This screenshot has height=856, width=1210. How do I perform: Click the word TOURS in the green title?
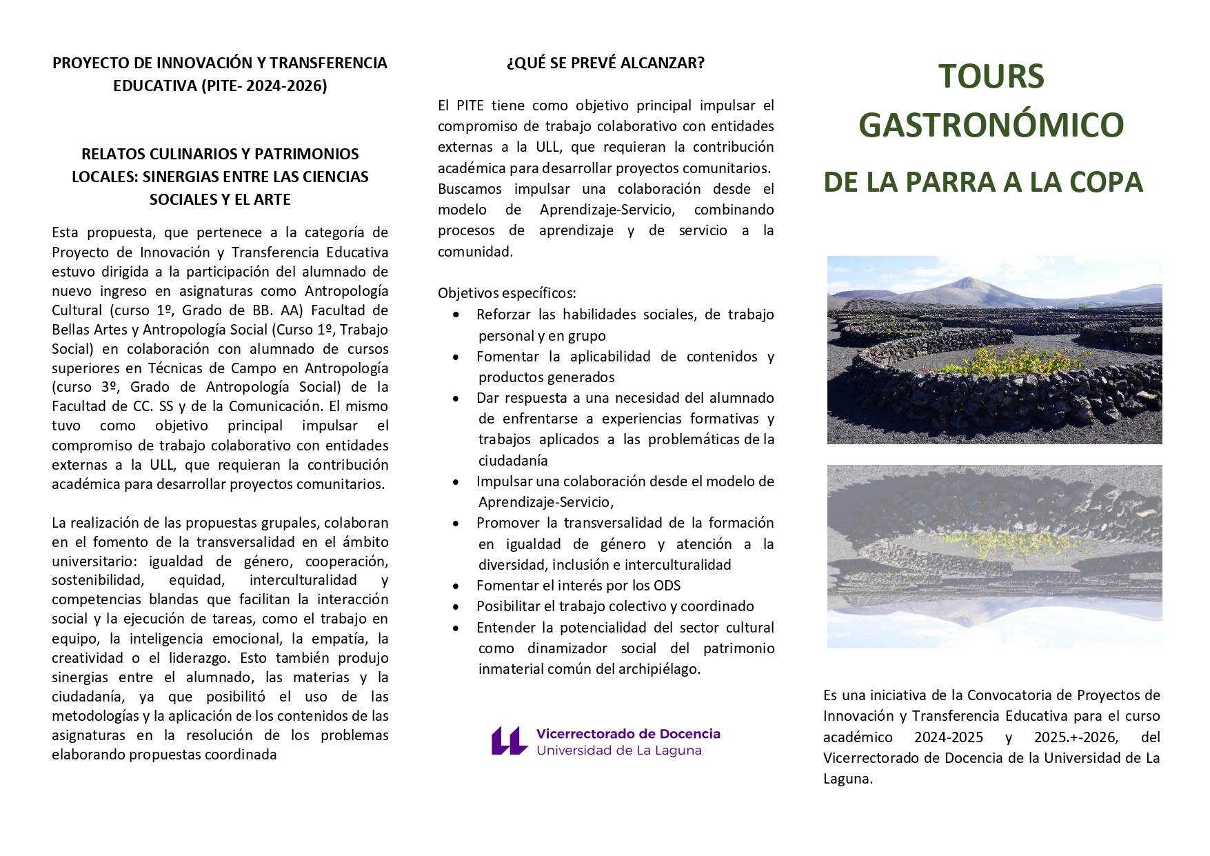[991, 77]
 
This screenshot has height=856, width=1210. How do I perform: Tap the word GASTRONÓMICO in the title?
[991, 125]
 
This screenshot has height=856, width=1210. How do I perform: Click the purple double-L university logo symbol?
[509, 741]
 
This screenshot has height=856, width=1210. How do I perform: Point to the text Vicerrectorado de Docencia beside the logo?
[628, 734]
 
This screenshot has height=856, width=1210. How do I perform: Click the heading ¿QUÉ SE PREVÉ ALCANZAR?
[605, 63]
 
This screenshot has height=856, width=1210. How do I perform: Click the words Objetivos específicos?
[507, 293]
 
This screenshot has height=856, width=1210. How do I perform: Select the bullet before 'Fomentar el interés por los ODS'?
[456, 586]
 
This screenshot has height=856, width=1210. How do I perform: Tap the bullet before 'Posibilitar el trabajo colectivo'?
[456, 607]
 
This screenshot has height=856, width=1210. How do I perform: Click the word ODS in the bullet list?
[666, 586]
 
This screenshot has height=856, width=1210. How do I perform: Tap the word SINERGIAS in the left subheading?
[181, 177]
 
